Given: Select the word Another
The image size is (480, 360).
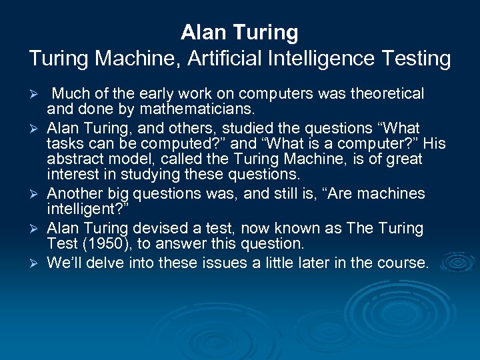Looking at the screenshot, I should click(x=73, y=194).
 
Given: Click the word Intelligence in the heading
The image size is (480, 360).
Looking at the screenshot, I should click(x=320, y=59).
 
